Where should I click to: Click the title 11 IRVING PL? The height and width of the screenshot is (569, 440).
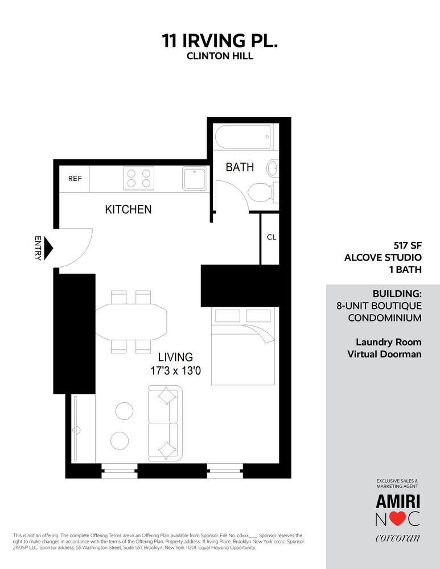pyautogui.click(x=220, y=41)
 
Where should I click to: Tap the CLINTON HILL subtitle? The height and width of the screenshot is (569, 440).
pyautogui.click(x=220, y=56)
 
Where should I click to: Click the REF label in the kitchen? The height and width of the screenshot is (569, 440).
pyautogui.click(x=75, y=179)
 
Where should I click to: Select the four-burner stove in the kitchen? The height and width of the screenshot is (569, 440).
pyautogui.click(x=139, y=178)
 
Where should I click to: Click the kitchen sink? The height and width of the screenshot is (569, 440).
pyautogui.click(x=194, y=178)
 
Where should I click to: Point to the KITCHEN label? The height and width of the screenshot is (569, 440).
pyautogui.click(x=128, y=209)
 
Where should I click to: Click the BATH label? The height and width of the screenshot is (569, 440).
pyautogui.click(x=240, y=167)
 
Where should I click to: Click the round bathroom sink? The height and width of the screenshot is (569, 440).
pyautogui.click(x=273, y=168)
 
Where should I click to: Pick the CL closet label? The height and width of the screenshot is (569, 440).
pyautogui.click(x=272, y=237)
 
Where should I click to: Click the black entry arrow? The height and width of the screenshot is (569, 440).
pyautogui.click(x=48, y=248)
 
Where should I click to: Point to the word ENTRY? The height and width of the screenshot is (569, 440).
pyautogui.click(x=38, y=248)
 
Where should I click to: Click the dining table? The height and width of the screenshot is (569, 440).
pyautogui.click(x=131, y=321)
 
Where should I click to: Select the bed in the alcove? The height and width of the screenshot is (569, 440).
pyautogui.click(x=245, y=353)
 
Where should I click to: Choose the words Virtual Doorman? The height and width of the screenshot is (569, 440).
pyautogui.click(x=384, y=354)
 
